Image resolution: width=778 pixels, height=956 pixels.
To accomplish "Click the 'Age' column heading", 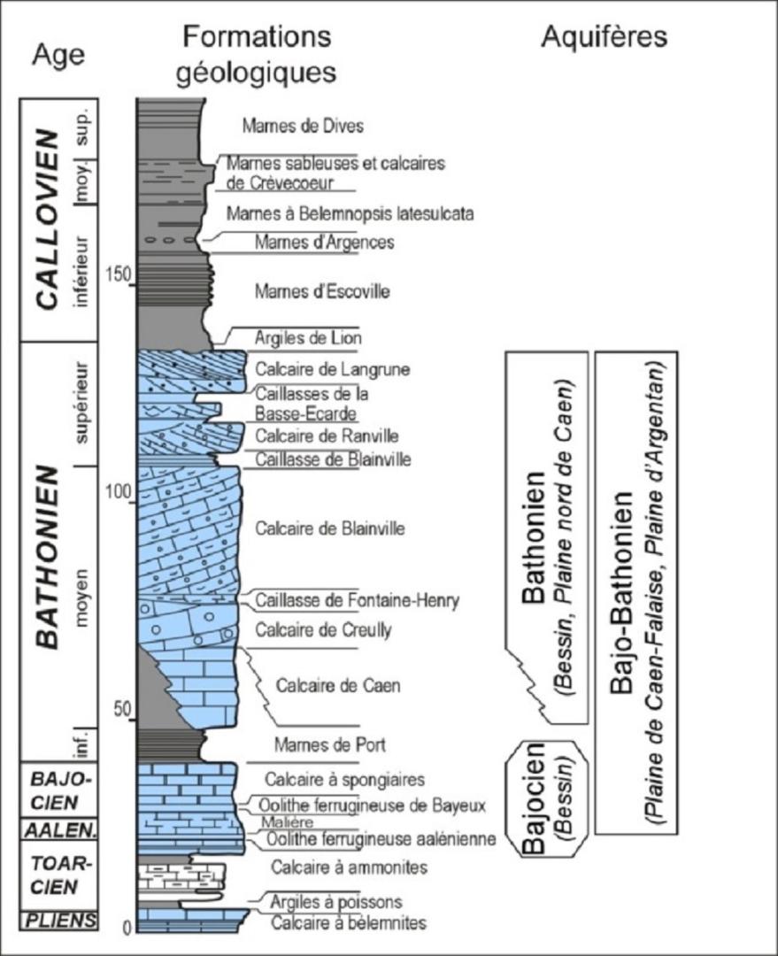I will [59, 54].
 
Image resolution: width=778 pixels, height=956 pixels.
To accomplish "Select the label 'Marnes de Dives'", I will [296, 127].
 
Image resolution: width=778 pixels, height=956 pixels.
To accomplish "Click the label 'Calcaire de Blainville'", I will [329, 529].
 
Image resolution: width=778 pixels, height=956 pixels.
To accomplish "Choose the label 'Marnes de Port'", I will [318, 744].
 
